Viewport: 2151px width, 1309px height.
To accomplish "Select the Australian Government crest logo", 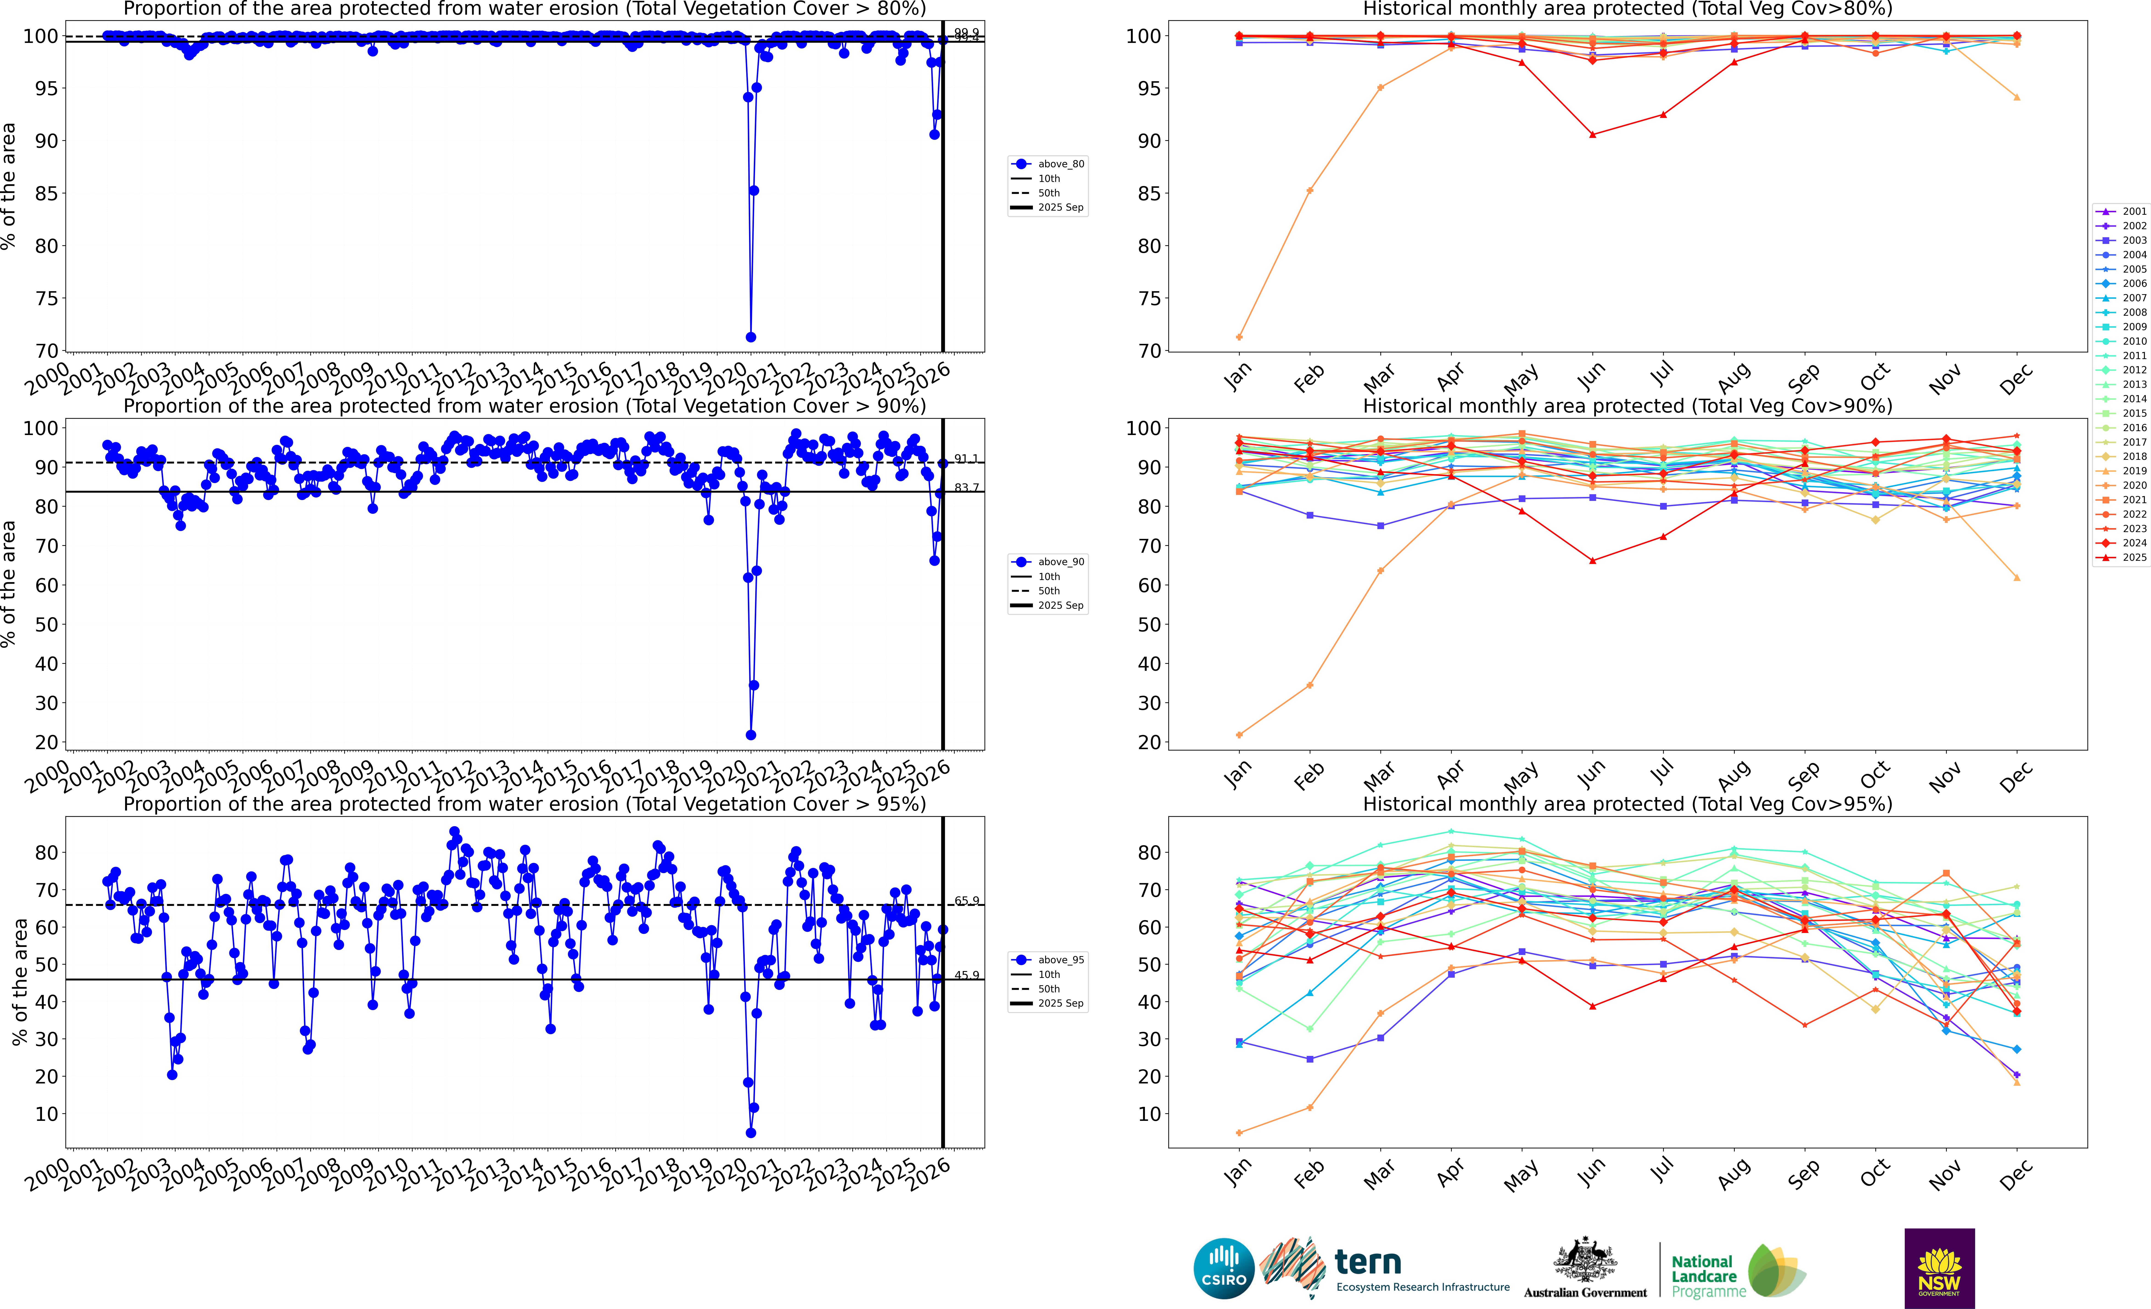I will pyautogui.click(x=1584, y=1261).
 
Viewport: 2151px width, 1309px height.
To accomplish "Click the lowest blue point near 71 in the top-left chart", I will pyautogui.click(x=751, y=337).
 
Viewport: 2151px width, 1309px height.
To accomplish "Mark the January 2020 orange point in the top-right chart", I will pyautogui.click(x=1240, y=337).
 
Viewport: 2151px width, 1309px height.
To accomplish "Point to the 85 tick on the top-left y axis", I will pyautogui.click(x=46, y=194).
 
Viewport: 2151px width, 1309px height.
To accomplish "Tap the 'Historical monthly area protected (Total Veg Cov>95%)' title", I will pyautogui.click(x=1627, y=804).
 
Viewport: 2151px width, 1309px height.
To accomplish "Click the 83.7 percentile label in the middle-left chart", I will pyautogui.click(x=966, y=487).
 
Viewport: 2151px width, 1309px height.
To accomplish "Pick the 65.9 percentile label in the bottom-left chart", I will pyautogui.click(x=966, y=901).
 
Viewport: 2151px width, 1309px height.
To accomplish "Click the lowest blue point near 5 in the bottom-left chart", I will pyautogui.click(x=751, y=1133).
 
